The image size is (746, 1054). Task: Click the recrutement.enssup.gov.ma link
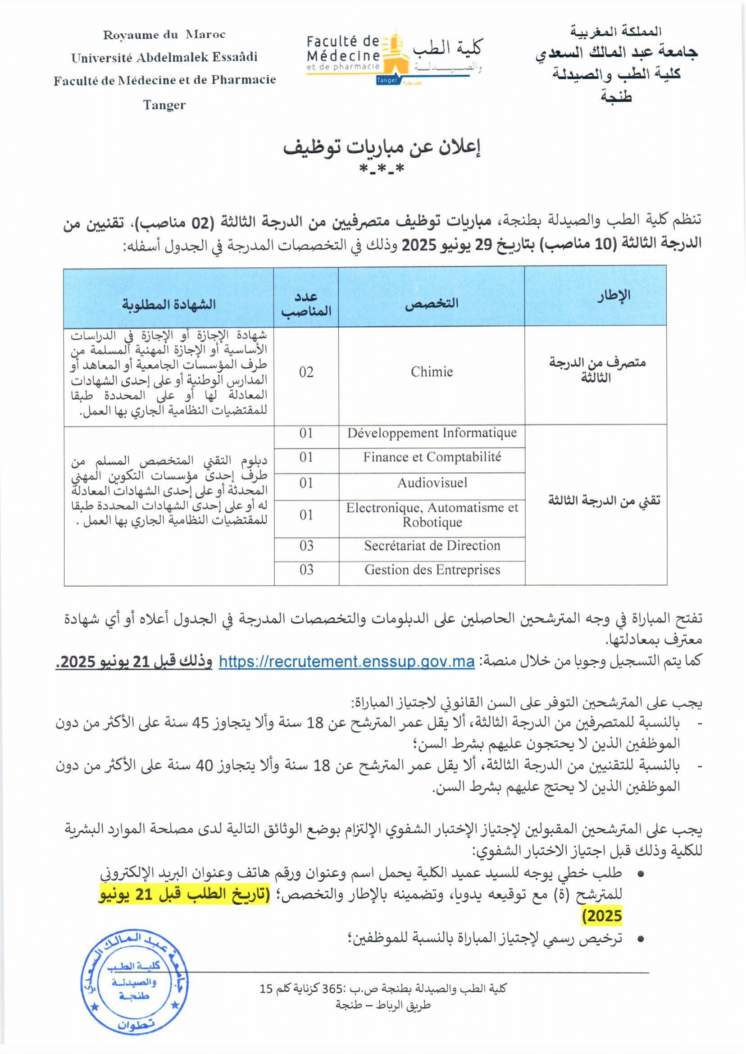point(346,662)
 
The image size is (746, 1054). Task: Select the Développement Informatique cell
point(432,433)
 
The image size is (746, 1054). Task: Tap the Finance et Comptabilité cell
point(432,457)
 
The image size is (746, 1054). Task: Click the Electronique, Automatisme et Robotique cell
point(432,515)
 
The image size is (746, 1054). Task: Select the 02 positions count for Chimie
point(306,372)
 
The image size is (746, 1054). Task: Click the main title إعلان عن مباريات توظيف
point(381,148)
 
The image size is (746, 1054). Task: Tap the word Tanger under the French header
point(164,105)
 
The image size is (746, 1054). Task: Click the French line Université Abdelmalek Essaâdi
point(164,57)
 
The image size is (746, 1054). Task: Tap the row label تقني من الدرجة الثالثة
point(604,501)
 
